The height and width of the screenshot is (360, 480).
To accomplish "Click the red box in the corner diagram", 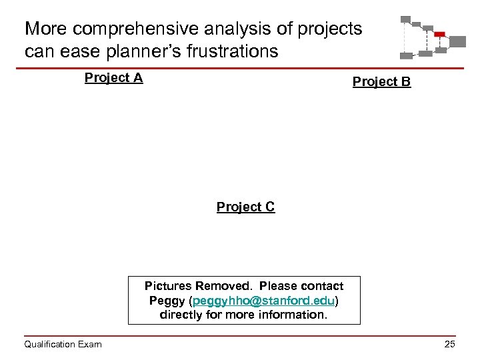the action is (439, 34).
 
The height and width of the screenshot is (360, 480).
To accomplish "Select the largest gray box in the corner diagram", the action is (457, 41).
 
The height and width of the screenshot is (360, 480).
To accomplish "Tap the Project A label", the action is (113, 78).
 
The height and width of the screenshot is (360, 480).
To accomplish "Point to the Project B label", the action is (381, 82).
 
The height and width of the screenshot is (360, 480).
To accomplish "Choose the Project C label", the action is (245, 207).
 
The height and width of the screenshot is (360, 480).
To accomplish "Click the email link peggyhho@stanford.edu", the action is (263, 300).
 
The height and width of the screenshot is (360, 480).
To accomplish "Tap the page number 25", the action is (449, 344).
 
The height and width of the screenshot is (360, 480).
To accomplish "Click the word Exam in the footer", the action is (89, 344).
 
